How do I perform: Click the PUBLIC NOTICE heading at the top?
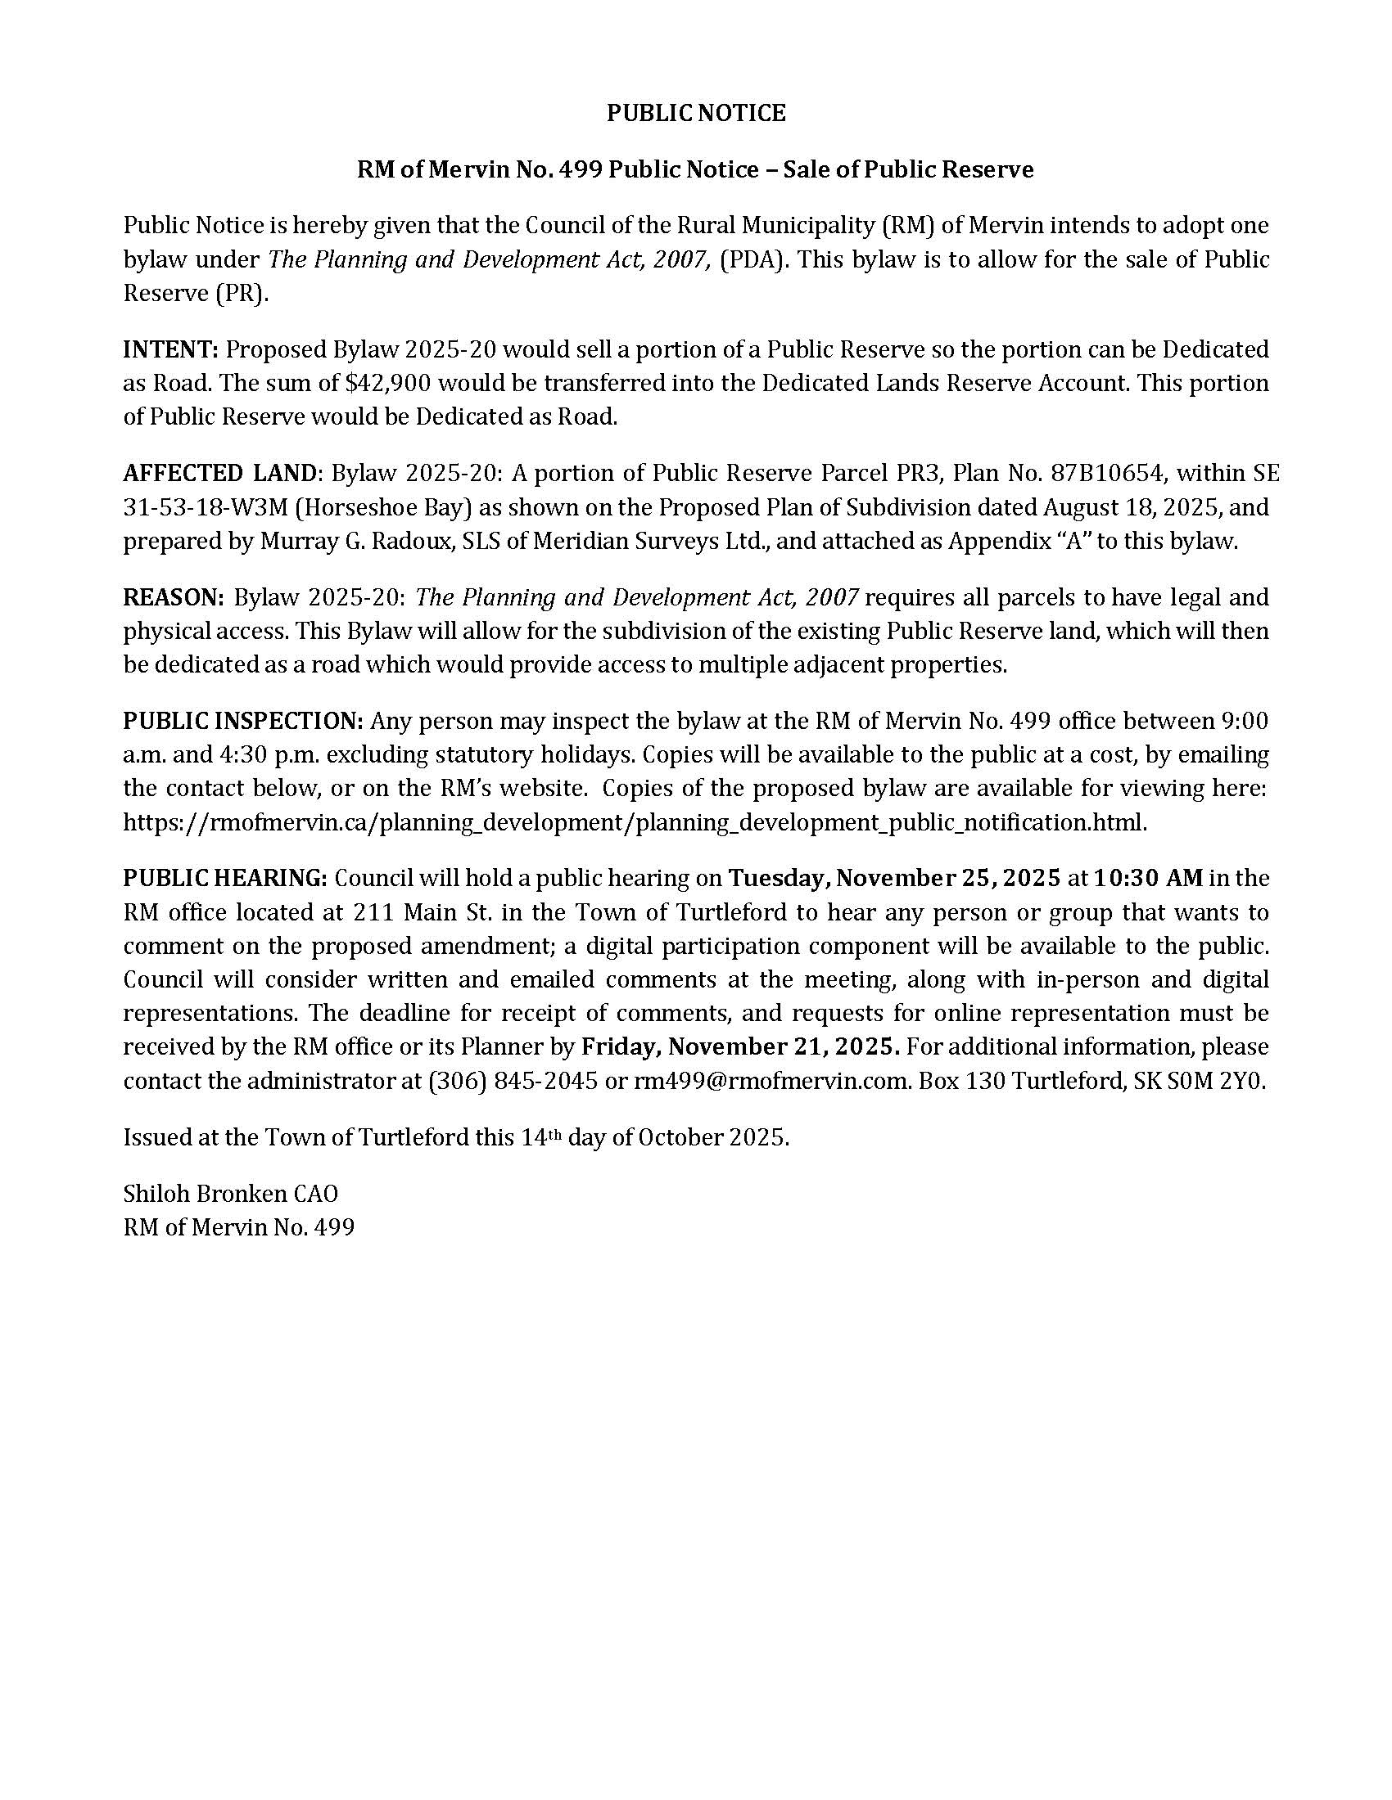696,113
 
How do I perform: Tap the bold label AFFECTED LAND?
219,473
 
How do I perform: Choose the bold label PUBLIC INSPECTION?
243,720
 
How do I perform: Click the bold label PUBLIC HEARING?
225,878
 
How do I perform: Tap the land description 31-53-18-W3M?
205,507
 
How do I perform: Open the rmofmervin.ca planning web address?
633,821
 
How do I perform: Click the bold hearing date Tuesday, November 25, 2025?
894,878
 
